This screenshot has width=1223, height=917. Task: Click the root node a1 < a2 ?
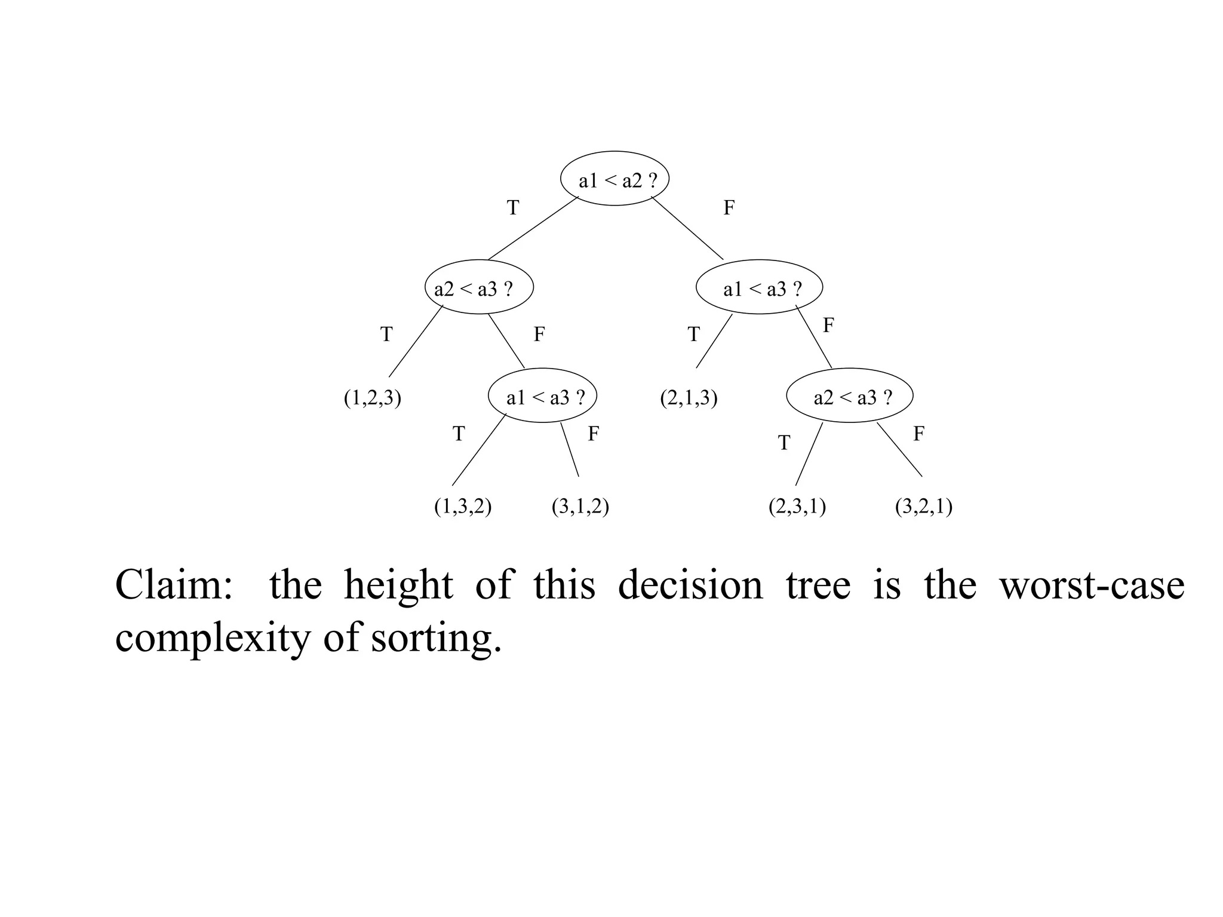(614, 179)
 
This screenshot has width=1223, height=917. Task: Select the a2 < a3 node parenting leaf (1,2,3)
(479, 287)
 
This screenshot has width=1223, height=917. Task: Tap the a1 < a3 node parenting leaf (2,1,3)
(759, 287)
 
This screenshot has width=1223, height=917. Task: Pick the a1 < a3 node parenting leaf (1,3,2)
(542, 396)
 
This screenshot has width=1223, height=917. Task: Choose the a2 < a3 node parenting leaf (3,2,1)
(849, 396)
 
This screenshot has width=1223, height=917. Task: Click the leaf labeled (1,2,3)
(372, 398)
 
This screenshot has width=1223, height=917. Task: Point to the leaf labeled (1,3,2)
(463, 507)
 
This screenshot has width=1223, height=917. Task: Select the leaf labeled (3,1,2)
(580, 507)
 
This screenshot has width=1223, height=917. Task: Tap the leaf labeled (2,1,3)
(689, 398)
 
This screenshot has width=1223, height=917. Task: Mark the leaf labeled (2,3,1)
(797, 507)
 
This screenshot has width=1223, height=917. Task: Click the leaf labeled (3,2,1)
(923, 507)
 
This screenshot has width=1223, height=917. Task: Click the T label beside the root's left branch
(513, 208)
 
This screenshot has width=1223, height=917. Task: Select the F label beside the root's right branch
(729, 208)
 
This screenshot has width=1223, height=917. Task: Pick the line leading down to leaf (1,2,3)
(416, 342)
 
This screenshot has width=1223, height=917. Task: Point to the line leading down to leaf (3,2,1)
(899, 449)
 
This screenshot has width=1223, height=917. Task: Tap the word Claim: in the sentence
(174, 585)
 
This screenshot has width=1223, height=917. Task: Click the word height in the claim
(398, 585)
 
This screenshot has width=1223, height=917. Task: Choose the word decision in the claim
(690, 585)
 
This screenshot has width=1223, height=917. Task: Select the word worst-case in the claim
(1092, 585)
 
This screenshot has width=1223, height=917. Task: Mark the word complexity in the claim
(213, 639)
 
